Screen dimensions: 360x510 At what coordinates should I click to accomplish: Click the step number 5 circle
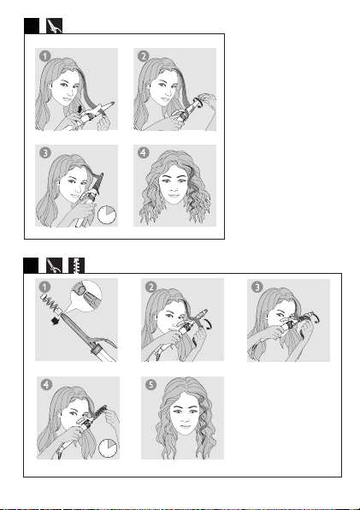pyautogui.click(x=150, y=384)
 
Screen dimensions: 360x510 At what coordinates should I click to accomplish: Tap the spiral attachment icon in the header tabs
pyautogui.click(x=76, y=265)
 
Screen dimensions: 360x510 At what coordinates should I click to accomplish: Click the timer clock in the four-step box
pyautogui.click(x=107, y=215)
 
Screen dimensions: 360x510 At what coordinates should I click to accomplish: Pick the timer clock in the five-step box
pyautogui.click(x=108, y=448)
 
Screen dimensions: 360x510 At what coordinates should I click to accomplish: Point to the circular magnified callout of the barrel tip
pyautogui.click(x=86, y=296)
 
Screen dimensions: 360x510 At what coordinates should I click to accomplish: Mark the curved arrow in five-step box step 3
pyautogui.click(x=316, y=317)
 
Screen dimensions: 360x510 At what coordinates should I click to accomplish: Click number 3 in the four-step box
pyautogui.click(x=45, y=152)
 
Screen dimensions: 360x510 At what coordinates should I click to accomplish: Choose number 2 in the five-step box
pyautogui.click(x=150, y=287)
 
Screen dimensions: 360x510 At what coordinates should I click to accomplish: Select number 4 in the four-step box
pyautogui.click(x=144, y=152)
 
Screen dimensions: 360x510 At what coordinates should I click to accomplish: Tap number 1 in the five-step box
pyautogui.click(x=44, y=287)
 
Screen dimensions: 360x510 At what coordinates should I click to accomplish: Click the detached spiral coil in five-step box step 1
pyautogui.click(x=50, y=303)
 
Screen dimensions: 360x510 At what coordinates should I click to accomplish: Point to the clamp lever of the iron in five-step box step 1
pyautogui.click(x=103, y=342)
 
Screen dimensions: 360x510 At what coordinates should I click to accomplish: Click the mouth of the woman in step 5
pyautogui.click(x=185, y=426)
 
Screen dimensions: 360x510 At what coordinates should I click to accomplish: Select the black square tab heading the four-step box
pyautogui.click(x=32, y=26)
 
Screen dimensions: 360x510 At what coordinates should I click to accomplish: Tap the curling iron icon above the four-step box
pyautogui.click(x=54, y=26)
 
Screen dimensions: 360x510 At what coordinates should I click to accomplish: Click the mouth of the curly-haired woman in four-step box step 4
pyautogui.click(x=174, y=196)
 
